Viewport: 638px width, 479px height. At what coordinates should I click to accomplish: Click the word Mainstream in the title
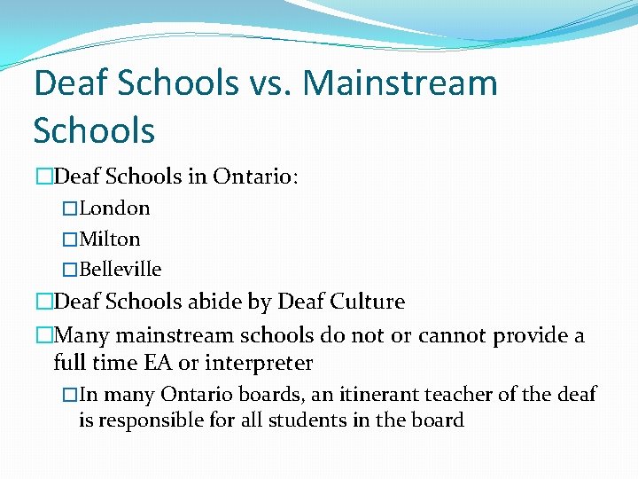(x=400, y=84)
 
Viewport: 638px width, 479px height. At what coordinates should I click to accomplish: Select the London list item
(x=114, y=208)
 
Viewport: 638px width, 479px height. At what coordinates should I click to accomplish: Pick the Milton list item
(x=110, y=239)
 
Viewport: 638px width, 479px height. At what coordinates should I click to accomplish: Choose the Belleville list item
(x=121, y=269)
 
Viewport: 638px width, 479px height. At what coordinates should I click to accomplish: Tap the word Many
(x=80, y=335)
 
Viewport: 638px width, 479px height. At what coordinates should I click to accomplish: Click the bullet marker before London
(x=70, y=209)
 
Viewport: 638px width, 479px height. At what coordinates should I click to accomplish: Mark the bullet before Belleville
(x=70, y=270)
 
